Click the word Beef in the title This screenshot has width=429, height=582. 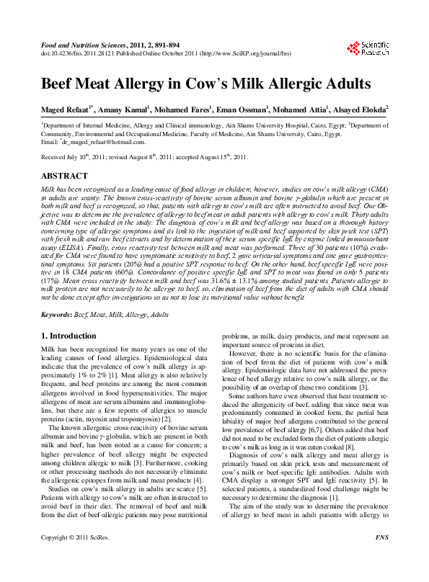point(60,84)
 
